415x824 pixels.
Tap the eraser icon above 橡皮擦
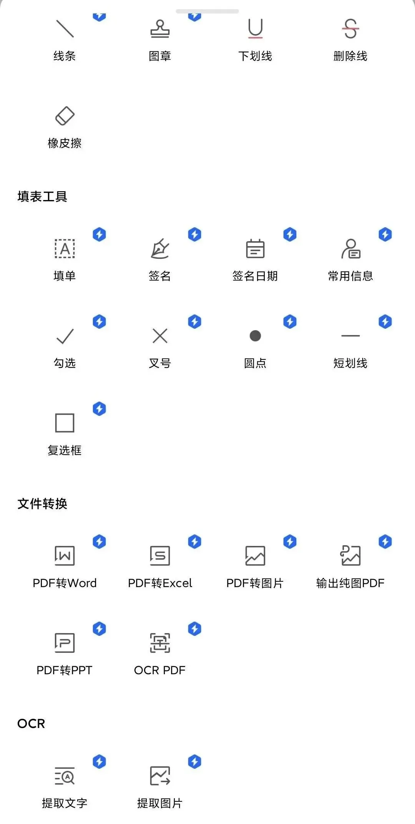(65, 116)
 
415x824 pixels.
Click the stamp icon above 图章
(160, 29)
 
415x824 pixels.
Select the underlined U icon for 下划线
(255, 29)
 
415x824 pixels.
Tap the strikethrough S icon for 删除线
(350, 29)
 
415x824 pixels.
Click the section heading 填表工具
(42, 197)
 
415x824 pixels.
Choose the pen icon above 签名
(160, 249)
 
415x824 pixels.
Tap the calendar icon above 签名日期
(255, 249)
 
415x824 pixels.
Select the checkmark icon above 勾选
(65, 336)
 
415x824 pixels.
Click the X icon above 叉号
(160, 336)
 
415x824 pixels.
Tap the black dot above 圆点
(255, 336)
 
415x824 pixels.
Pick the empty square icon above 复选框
(65, 423)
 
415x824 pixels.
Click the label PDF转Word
(65, 583)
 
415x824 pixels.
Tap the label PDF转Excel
(160, 583)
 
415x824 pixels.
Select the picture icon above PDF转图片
(255, 556)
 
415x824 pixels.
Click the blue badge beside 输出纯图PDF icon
(385, 542)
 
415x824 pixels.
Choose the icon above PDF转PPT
(65, 643)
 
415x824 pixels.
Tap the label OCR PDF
(160, 670)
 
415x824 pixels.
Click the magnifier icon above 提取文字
(65, 776)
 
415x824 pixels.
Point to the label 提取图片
(160, 803)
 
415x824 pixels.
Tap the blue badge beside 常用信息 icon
(385, 235)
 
